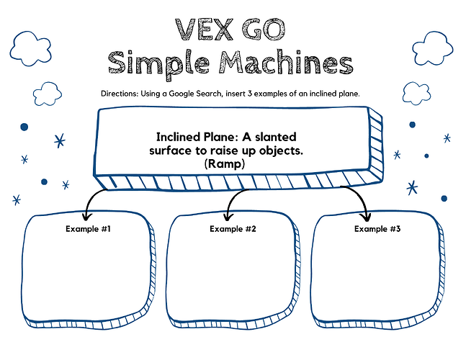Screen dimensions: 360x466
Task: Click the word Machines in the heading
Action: [x=286, y=63]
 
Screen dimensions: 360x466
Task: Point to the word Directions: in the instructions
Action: [x=125, y=94]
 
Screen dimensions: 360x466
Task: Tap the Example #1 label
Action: [x=87, y=229]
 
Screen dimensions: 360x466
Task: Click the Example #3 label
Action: [x=377, y=229]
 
